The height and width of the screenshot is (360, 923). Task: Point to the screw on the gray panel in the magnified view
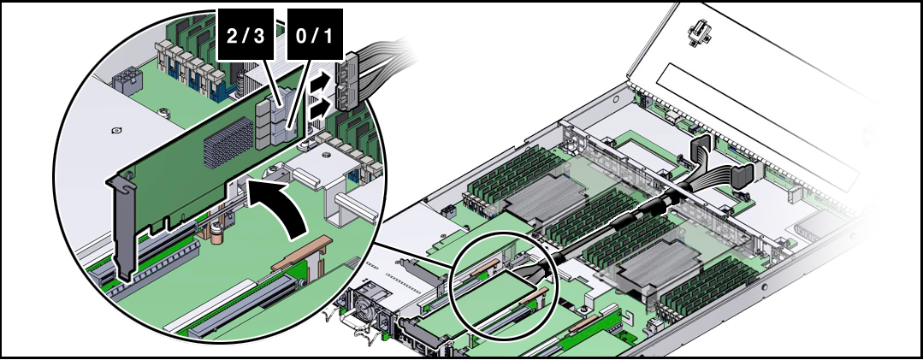pos(115,132)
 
